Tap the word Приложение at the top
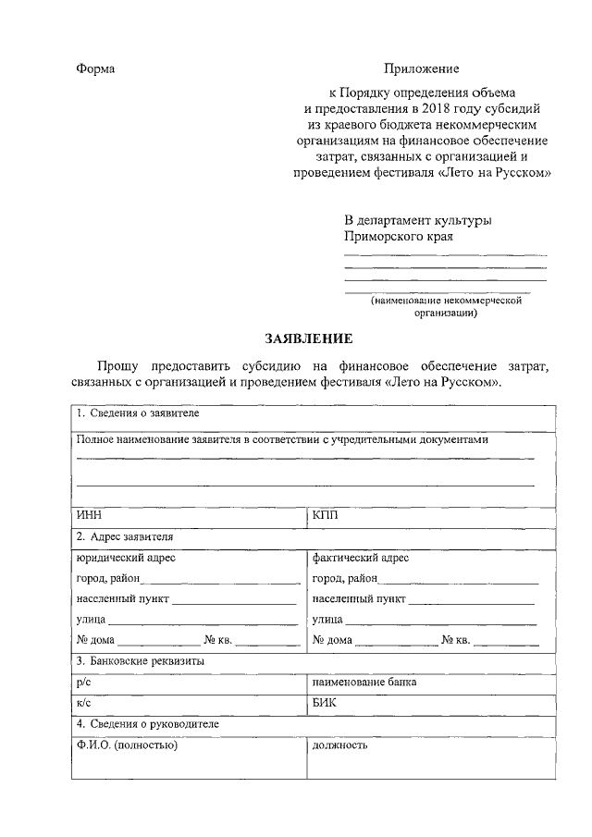pos(421,69)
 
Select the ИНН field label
pos(89,514)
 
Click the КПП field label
pos(327,514)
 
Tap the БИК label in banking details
pos(326,703)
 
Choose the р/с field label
pos(84,683)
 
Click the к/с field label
pos(84,703)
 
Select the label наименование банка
pos(364,683)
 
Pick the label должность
pos(340,745)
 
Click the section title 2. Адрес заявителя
pos(125,535)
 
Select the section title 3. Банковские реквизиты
pos(141,661)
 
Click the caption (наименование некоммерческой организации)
pos(448,306)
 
